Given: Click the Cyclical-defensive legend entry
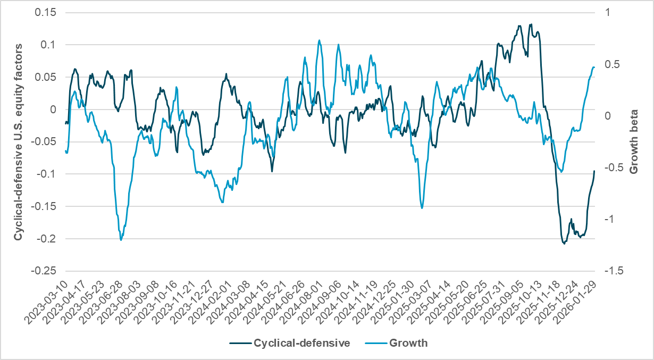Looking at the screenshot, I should [289, 343].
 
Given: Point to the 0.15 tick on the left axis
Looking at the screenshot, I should [45, 12].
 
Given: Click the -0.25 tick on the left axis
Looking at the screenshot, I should [43, 271].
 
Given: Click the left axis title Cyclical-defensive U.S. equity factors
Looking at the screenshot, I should [19, 141].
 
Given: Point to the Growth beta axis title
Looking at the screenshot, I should [634, 141].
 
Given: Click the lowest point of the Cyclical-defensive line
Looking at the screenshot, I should [564, 244].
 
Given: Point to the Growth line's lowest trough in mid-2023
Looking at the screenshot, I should [121, 240].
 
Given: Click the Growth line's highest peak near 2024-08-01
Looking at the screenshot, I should [319, 40].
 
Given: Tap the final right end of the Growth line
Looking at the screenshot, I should [594, 67].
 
